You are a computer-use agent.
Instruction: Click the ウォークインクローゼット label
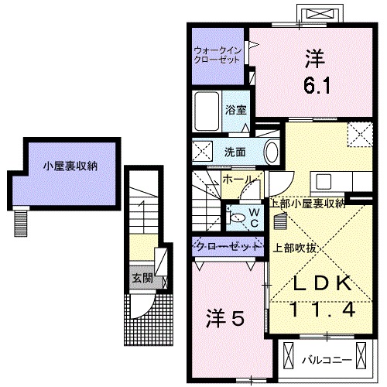[x=219, y=55]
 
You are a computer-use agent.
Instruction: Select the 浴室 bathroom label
[x=235, y=110]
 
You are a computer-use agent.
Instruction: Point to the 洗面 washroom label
[x=235, y=152]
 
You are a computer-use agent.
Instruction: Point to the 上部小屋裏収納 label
[x=307, y=204]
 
